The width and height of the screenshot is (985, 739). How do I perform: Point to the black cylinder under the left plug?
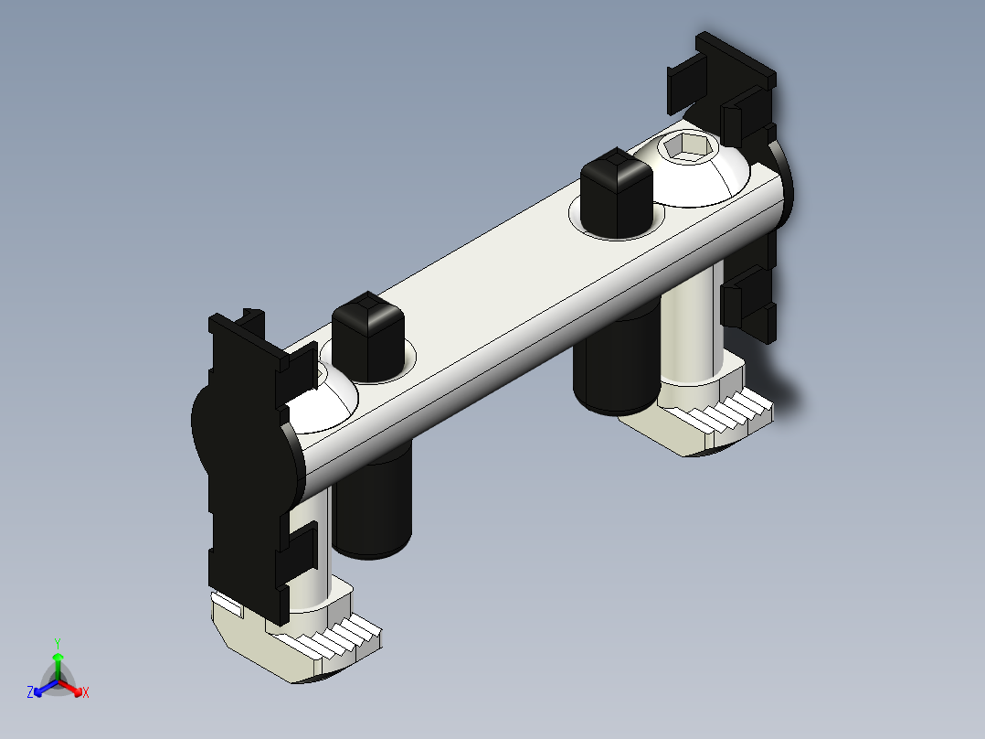pos(373,503)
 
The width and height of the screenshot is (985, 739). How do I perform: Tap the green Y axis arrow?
pos(58,660)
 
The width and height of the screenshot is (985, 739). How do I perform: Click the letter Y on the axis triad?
pos(57,642)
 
